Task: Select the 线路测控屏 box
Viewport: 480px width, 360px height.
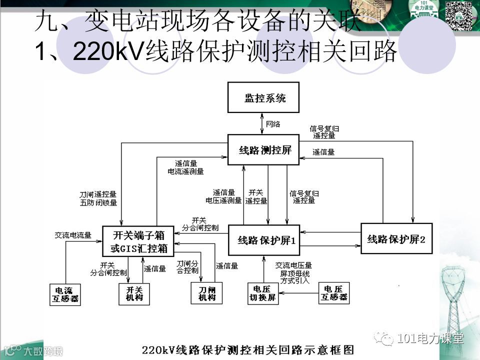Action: (263, 149)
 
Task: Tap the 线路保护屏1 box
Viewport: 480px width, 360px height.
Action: (264, 239)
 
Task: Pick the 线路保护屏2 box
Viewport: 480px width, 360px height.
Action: (396, 238)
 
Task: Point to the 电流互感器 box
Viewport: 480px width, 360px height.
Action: (66, 294)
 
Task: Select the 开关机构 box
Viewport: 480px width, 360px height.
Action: (134, 293)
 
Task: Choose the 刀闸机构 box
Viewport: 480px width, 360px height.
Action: (206, 293)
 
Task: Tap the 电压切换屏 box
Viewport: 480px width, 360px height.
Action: (263, 293)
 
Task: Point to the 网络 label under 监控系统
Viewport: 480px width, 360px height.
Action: (272, 123)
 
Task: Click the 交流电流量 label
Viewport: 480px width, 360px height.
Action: (73, 235)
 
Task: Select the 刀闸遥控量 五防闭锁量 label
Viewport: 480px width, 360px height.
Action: (98, 198)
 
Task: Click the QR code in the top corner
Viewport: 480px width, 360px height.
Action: (459, 16)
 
